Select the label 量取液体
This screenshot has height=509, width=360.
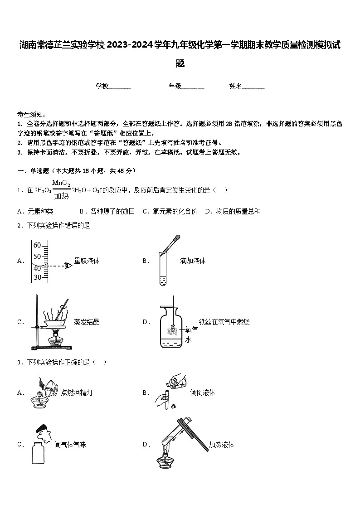(x=87, y=261)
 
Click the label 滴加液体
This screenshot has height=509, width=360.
(x=193, y=261)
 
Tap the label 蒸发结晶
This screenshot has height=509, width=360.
(x=87, y=322)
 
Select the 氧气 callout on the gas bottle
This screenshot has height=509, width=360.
(x=192, y=330)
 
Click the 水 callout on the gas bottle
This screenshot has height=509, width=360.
(x=188, y=339)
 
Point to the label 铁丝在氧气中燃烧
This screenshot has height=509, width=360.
(x=224, y=322)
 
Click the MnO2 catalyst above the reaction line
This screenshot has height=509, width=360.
(x=61, y=183)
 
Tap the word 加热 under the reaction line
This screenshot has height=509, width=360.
(x=61, y=196)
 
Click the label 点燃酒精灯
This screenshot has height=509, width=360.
(x=77, y=393)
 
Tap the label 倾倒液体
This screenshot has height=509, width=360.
(x=203, y=393)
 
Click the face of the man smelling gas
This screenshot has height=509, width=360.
(x=43, y=436)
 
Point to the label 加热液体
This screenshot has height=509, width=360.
(x=221, y=445)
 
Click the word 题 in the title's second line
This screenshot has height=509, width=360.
(x=180, y=63)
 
